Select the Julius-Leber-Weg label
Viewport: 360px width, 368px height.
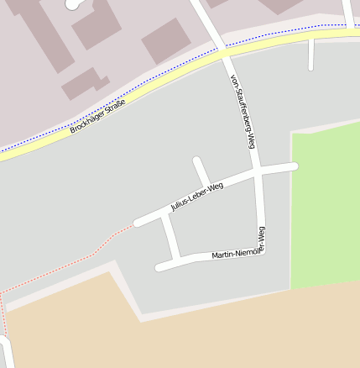coord(197,196)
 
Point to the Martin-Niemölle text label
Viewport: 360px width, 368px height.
coord(236,254)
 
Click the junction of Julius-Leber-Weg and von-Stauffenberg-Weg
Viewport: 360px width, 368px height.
coord(257,171)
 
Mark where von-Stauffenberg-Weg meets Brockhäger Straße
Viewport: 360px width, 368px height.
coord(224,50)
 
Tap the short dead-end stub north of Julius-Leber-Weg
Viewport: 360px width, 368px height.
coord(200,169)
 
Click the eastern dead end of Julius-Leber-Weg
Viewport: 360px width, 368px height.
coord(293,166)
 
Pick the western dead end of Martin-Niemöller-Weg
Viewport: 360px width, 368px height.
coord(159,268)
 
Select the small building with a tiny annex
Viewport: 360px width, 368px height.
coord(84,83)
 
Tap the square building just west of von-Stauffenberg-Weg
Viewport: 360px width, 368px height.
coord(166,40)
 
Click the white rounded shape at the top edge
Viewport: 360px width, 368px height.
coord(76,3)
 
